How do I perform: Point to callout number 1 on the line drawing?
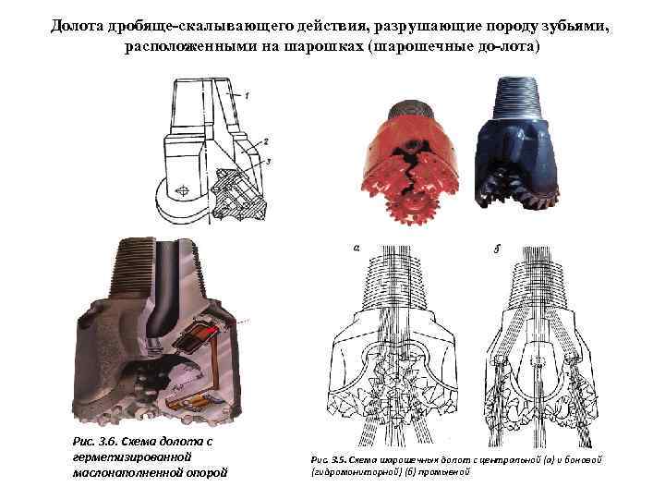248,96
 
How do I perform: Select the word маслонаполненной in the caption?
124,474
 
